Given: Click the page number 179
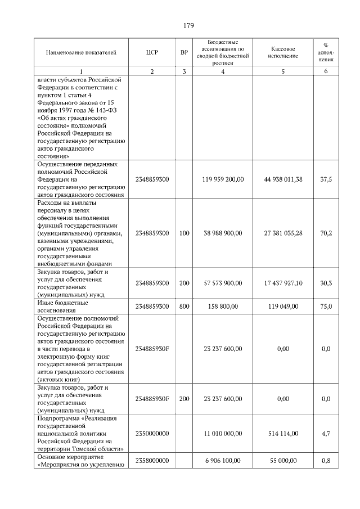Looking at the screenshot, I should point(188,25).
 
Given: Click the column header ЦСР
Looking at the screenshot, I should point(152,52).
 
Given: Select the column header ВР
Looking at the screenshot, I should point(184,52).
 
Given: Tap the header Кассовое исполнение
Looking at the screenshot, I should point(283,52).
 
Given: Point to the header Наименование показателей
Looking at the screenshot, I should point(81,52).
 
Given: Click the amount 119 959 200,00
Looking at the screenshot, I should point(223,179).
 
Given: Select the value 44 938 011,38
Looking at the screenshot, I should point(283,179).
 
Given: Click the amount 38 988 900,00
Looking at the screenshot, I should point(223,233).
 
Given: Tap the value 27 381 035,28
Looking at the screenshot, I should point(283,233).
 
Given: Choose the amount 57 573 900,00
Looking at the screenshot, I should point(223,283).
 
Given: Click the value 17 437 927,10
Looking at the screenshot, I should point(283,283).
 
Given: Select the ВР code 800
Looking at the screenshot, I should point(184,306).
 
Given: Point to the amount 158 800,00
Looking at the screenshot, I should point(223,306).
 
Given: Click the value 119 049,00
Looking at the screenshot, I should point(283,306).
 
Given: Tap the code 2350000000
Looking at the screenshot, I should point(152,433).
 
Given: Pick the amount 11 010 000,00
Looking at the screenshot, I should point(223,433).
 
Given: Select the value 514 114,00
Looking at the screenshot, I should point(283,433).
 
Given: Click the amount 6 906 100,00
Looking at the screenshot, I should point(223,461).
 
